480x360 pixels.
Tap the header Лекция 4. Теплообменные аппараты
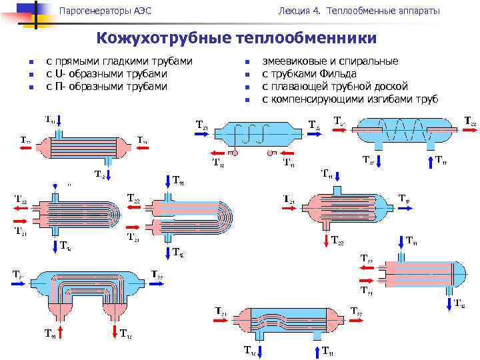359,11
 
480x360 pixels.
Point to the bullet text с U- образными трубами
106,73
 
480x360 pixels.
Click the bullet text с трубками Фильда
309,73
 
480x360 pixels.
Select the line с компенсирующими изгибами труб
349,99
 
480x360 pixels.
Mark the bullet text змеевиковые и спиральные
330,61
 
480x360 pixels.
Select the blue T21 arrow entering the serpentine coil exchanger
207,133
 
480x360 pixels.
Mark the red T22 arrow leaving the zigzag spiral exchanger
467,131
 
